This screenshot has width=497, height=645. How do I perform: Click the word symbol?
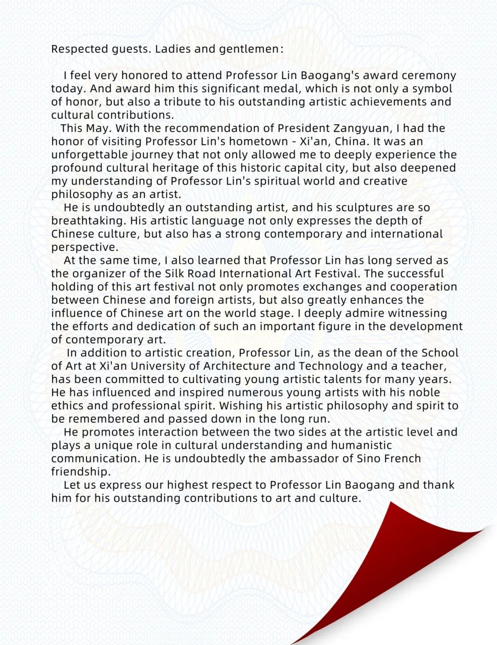click(x=432, y=89)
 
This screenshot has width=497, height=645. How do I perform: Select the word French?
click(x=402, y=459)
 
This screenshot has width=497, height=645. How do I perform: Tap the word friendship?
click(x=80, y=472)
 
